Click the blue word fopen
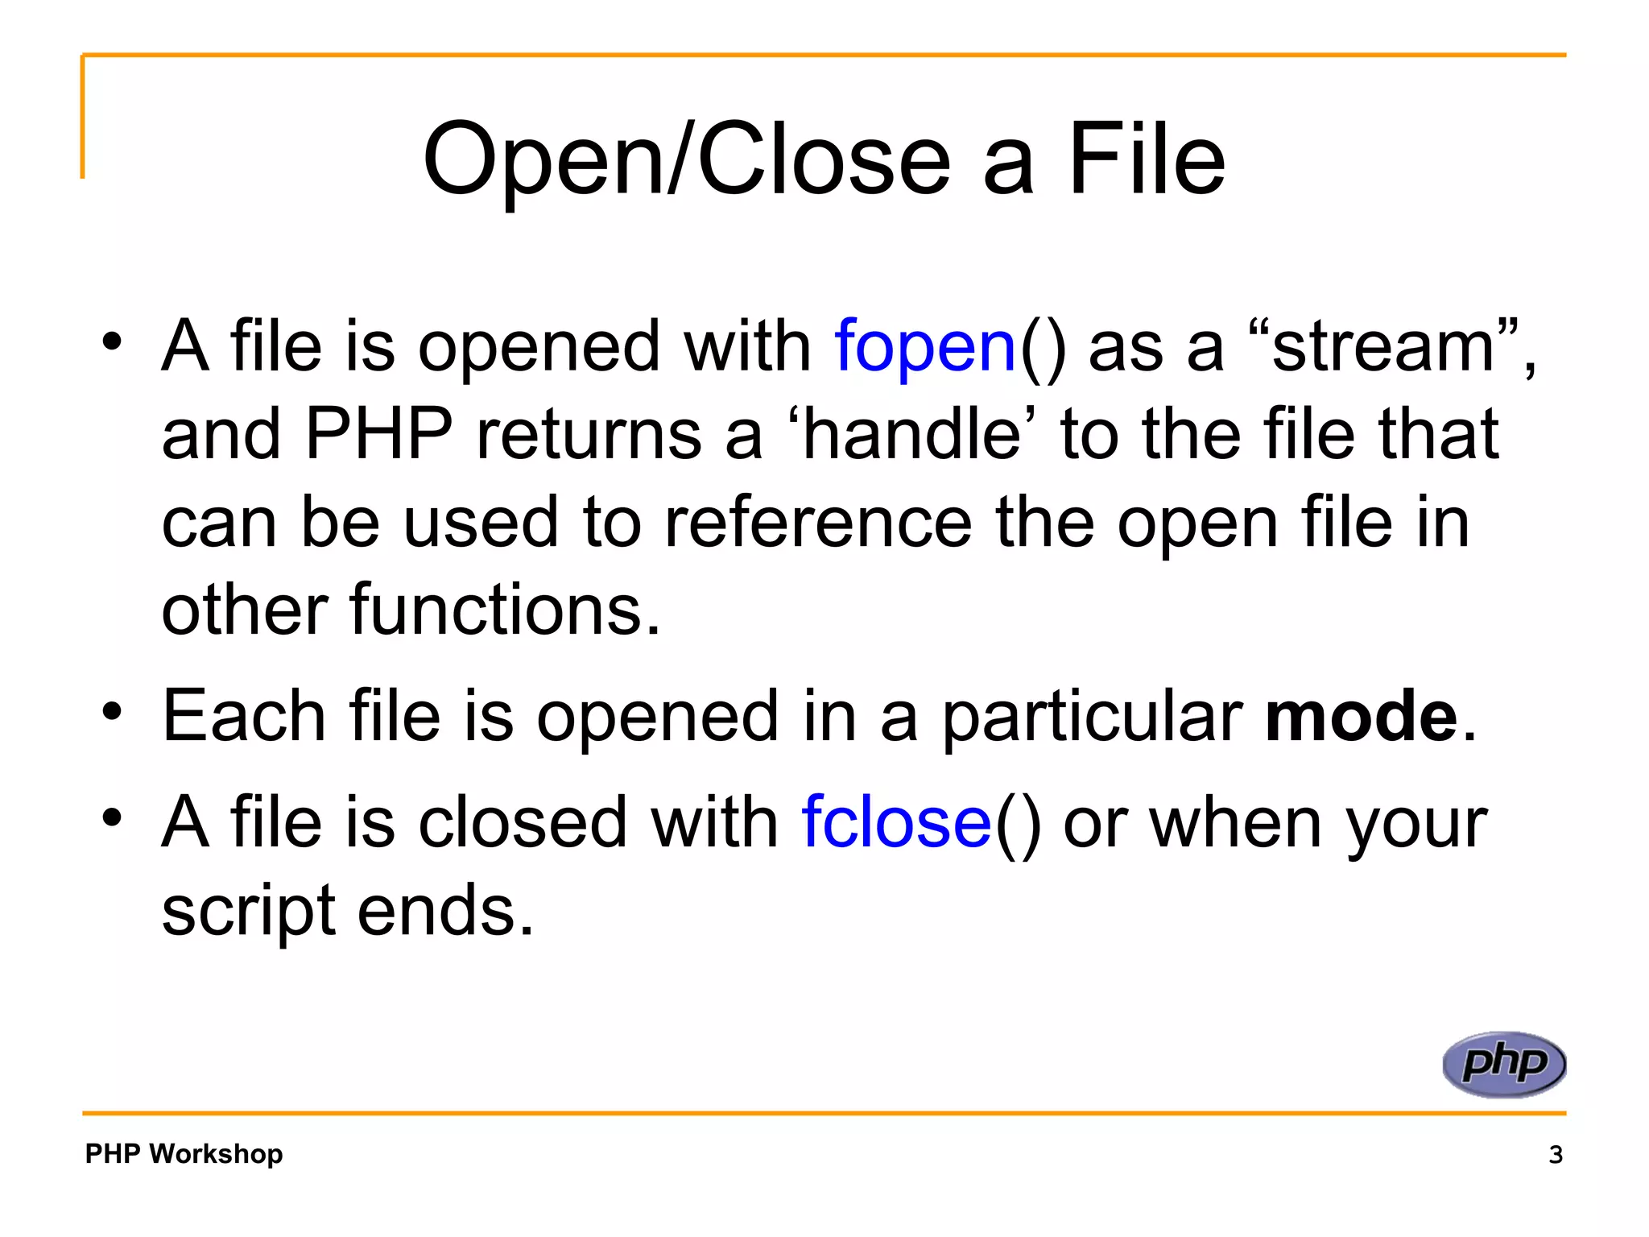pos(925,348)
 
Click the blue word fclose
pos(896,823)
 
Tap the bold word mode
pos(1361,716)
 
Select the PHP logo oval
pos(1503,1064)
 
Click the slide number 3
pos(1556,1155)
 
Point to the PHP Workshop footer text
pos(184,1154)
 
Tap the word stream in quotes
pos(1382,348)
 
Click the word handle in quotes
pos(911,435)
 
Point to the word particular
pos(1093,718)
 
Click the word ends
pos(445,912)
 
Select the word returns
pos(589,435)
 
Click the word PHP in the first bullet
pos(379,435)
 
